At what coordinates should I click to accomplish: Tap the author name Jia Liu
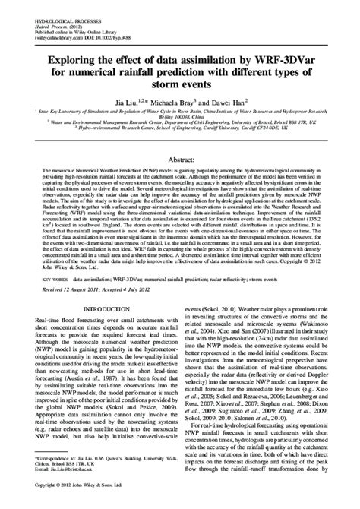(125, 101)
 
